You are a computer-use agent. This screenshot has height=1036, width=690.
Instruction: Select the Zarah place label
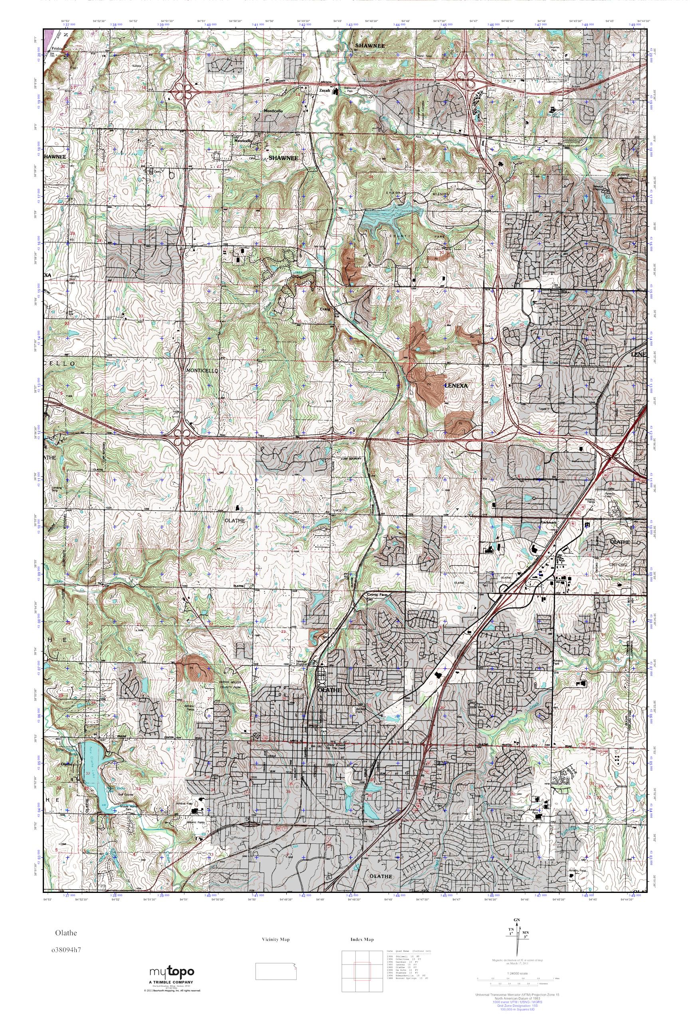point(324,91)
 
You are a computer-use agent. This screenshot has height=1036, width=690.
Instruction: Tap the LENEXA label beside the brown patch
point(456,385)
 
